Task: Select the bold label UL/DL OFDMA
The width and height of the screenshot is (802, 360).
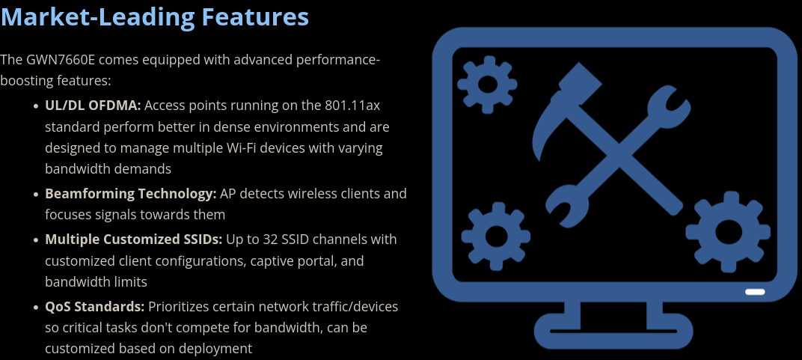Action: tap(93, 106)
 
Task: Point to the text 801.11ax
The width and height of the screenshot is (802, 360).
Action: tap(352, 106)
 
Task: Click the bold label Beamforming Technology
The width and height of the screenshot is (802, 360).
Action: tap(130, 194)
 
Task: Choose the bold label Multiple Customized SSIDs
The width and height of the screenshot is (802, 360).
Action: tap(133, 240)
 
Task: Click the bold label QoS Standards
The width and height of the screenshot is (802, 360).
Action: tap(94, 307)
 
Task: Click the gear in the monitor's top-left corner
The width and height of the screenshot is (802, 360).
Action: tap(487, 83)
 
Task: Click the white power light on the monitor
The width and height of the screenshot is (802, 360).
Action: tap(754, 291)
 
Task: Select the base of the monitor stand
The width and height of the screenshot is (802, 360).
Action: tap(613, 331)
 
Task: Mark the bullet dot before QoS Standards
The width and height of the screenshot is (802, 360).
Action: tap(36, 308)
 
